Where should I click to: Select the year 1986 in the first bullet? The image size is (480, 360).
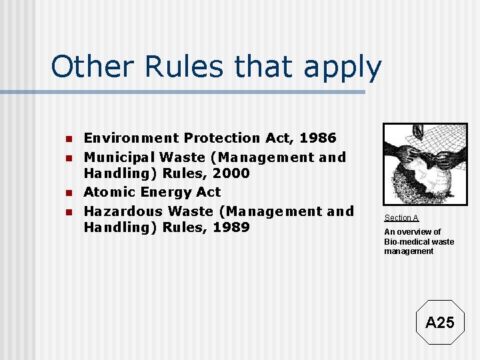pos(319,138)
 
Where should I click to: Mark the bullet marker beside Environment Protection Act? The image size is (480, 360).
pos(67,139)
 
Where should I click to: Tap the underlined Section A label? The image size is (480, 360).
pos(401,218)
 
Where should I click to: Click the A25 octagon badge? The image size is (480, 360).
pos(439,323)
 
